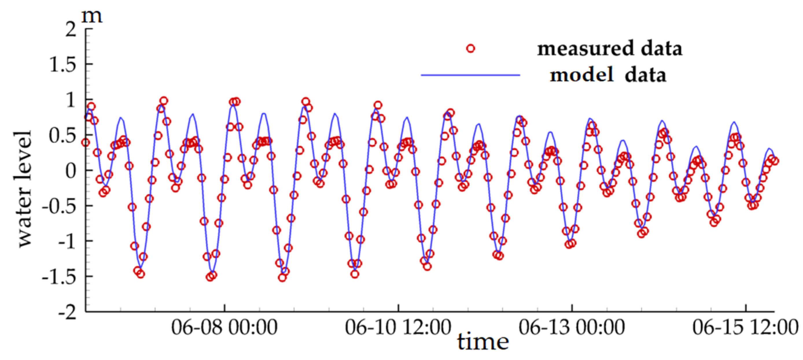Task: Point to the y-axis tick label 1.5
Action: [x=63, y=65]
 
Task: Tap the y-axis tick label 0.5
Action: [x=63, y=136]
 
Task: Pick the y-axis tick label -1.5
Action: [x=59, y=277]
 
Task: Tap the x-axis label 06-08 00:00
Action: [x=224, y=328]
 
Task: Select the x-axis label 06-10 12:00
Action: [x=398, y=328]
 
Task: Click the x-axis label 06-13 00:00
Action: [x=571, y=328]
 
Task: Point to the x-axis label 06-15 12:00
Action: [x=745, y=328]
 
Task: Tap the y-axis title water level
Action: [x=24, y=189]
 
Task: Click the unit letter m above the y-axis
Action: [x=92, y=16]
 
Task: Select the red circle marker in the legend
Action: [x=470, y=49]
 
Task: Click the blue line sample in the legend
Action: [x=470, y=75]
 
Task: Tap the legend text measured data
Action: [x=609, y=49]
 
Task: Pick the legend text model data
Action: [x=607, y=75]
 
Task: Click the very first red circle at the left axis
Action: [x=85, y=143]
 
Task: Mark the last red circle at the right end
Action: [x=775, y=161]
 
